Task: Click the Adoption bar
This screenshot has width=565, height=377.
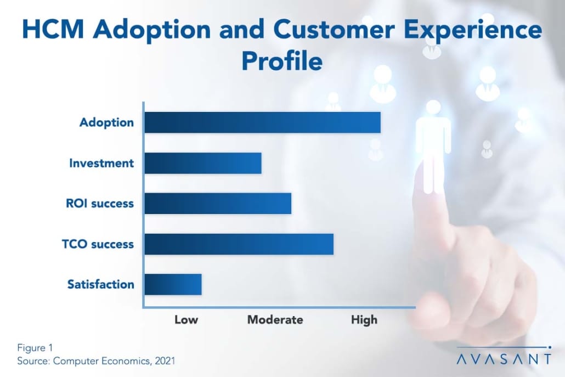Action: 262,122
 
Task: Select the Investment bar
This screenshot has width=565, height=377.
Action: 203,164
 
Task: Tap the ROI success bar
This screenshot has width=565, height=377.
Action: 218,204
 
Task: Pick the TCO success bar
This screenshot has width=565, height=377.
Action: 239,244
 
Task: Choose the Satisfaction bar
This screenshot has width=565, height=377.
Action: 173,284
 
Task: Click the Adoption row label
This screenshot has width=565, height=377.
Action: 106,122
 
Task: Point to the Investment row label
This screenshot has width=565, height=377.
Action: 101,164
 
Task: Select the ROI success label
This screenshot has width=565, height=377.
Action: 100,204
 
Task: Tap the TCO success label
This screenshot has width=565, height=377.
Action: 98,244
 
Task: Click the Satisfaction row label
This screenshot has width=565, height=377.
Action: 101,284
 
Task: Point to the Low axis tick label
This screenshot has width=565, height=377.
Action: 186,320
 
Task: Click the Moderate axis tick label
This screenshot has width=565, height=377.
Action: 275,320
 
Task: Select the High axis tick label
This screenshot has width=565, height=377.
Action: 364,320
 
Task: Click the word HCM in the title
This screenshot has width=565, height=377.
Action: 53,29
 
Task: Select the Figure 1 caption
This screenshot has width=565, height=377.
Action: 35,348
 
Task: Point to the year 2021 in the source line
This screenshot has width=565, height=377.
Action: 165,361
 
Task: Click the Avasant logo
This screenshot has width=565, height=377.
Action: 504,356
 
